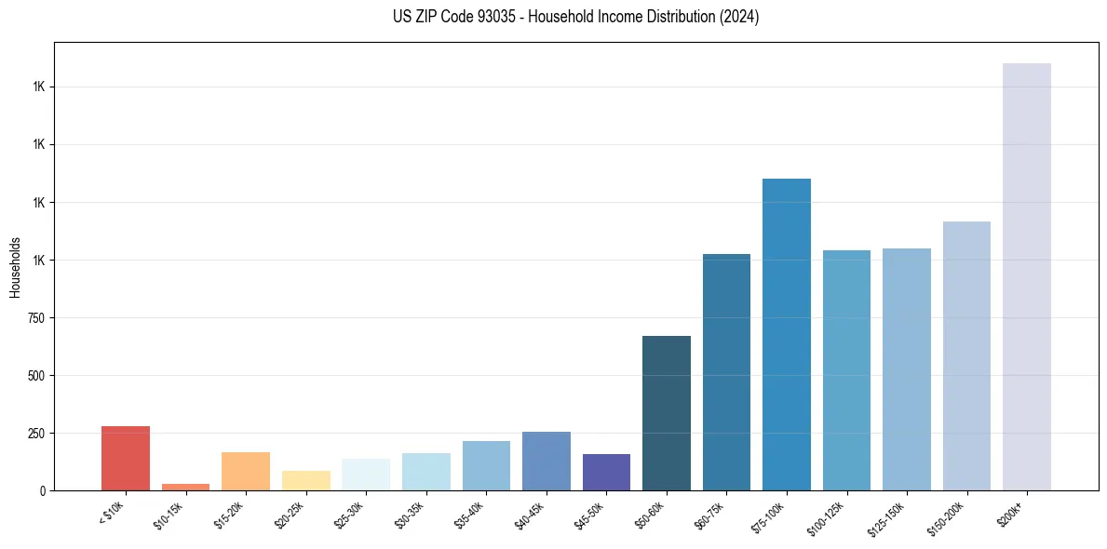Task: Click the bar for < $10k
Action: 125,458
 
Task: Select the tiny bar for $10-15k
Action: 185,487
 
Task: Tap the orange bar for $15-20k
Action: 245,471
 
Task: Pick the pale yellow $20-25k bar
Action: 305,480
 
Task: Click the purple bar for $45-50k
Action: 606,472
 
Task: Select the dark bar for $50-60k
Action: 666,413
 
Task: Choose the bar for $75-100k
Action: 786,334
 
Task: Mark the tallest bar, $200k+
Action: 1026,276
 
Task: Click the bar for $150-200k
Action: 966,355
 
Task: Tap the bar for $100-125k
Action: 846,370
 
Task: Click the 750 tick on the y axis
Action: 35,318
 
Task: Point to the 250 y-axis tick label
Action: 35,434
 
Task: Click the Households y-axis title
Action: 15,267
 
